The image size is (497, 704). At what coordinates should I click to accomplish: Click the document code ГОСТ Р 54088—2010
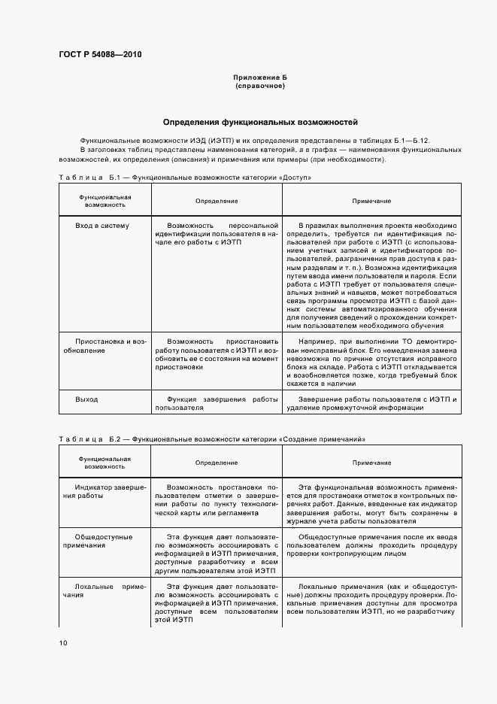(100, 55)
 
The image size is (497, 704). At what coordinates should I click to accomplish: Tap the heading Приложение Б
(260, 78)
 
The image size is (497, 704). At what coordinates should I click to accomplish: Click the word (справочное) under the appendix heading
(260, 86)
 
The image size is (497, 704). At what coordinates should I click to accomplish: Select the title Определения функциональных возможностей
(260, 122)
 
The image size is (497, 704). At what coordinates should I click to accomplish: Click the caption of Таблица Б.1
(185, 178)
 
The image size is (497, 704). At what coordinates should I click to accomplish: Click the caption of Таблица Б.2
(212, 438)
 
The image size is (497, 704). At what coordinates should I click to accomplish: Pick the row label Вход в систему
(102, 225)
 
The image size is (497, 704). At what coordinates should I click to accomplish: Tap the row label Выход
(86, 399)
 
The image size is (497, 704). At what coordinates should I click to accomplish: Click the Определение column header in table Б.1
(217, 202)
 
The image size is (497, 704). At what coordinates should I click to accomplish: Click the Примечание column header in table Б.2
(371, 463)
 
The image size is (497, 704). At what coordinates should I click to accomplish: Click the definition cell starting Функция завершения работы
(217, 403)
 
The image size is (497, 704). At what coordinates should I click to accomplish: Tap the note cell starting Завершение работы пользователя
(371, 403)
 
